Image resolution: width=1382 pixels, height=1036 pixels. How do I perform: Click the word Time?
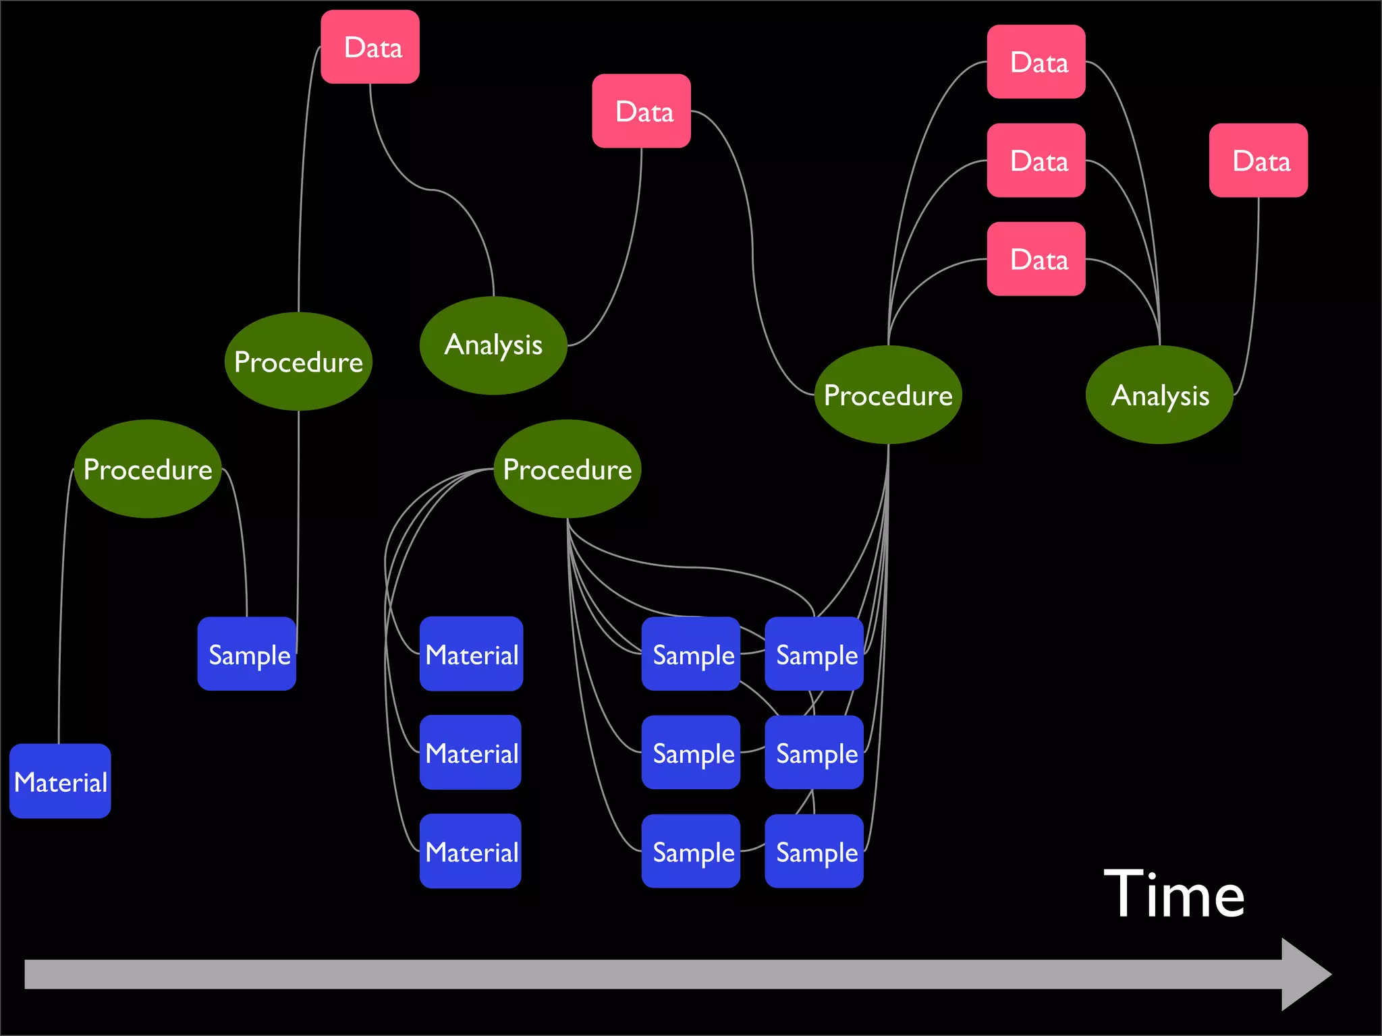point(1174,894)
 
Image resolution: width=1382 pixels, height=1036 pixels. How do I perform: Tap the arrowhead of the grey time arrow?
point(1305,974)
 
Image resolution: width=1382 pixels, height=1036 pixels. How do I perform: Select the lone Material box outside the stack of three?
point(60,781)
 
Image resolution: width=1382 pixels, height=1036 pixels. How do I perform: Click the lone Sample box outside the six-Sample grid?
point(247,654)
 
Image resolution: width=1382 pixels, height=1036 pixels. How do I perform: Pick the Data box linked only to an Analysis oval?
point(1259,160)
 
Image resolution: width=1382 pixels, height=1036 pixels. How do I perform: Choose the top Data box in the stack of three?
point(1036,62)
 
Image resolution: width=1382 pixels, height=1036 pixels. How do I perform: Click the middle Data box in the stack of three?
point(1036,160)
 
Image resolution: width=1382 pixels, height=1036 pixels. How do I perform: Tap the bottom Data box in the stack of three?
point(1036,258)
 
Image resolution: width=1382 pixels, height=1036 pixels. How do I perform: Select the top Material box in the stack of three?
point(471,654)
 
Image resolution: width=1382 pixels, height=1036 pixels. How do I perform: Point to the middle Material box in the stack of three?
point(471,752)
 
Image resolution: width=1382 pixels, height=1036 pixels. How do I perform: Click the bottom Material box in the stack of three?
point(471,851)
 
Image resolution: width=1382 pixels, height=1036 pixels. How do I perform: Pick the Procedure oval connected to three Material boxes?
point(568,469)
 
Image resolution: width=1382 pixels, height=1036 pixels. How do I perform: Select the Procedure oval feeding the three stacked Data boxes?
point(888,395)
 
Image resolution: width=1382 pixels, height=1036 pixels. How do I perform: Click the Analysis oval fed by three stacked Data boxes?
point(1159,395)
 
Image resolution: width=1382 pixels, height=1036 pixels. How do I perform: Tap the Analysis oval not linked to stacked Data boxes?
point(493,345)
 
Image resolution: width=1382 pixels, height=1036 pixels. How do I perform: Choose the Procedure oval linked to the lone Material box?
point(148,469)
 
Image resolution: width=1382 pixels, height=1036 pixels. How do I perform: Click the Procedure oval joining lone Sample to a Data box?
point(298,362)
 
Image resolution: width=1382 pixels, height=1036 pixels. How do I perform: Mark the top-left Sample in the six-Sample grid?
point(691,654)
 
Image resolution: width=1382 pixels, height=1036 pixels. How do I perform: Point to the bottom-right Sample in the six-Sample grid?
point(814,851)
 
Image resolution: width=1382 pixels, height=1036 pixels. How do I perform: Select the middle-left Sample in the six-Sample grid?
point(691,752)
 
